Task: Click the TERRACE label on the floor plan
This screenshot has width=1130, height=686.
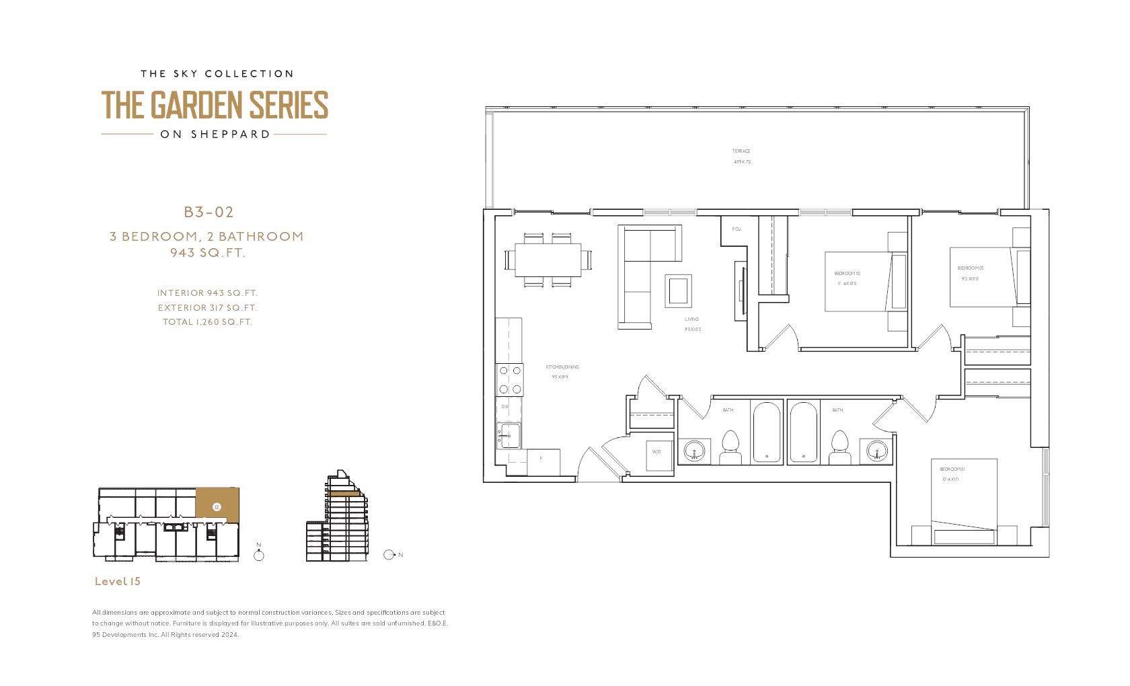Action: [x=741, y=151]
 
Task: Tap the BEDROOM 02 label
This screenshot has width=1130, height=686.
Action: [x=847, y=274]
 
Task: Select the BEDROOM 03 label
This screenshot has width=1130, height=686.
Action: [x=970, y=268]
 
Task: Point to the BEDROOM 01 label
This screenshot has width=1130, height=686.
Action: [x=952, y=469]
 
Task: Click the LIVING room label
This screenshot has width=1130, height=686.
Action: [x=692, y=319]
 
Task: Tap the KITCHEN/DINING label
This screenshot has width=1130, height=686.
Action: [x=562, y=367]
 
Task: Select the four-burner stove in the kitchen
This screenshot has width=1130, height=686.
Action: [x=510, y=380]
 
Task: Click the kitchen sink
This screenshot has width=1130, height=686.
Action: [x=510, y=436]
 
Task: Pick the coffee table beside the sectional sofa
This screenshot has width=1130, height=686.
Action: [x=677, y=291]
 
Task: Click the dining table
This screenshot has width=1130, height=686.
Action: [x=548, y=260]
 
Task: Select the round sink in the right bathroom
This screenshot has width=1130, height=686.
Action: [x=876, y=450]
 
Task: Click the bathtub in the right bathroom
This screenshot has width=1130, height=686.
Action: [x=803, y=432]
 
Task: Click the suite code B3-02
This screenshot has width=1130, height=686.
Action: [x=209, y=213]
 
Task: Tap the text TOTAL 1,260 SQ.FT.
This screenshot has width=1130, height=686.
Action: [x=207, y=322]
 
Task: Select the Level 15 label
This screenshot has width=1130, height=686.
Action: [x=118, y=581]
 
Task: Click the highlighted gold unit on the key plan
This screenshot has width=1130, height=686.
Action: [x=217, y=504]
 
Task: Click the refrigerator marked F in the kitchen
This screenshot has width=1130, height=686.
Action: [x=542, y=461]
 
